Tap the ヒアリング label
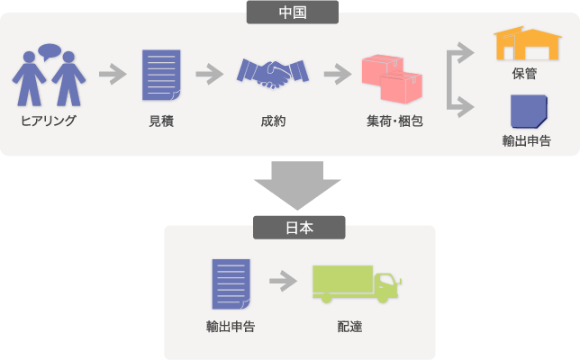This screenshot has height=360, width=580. click(x=49, y=120)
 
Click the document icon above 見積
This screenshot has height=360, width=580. click(x=160, y=75)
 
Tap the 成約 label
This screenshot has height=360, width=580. click(x=272, y=120)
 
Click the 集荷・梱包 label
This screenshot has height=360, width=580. click(x=389, y=120)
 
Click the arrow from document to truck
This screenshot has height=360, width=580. click(x=283, y=282)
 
